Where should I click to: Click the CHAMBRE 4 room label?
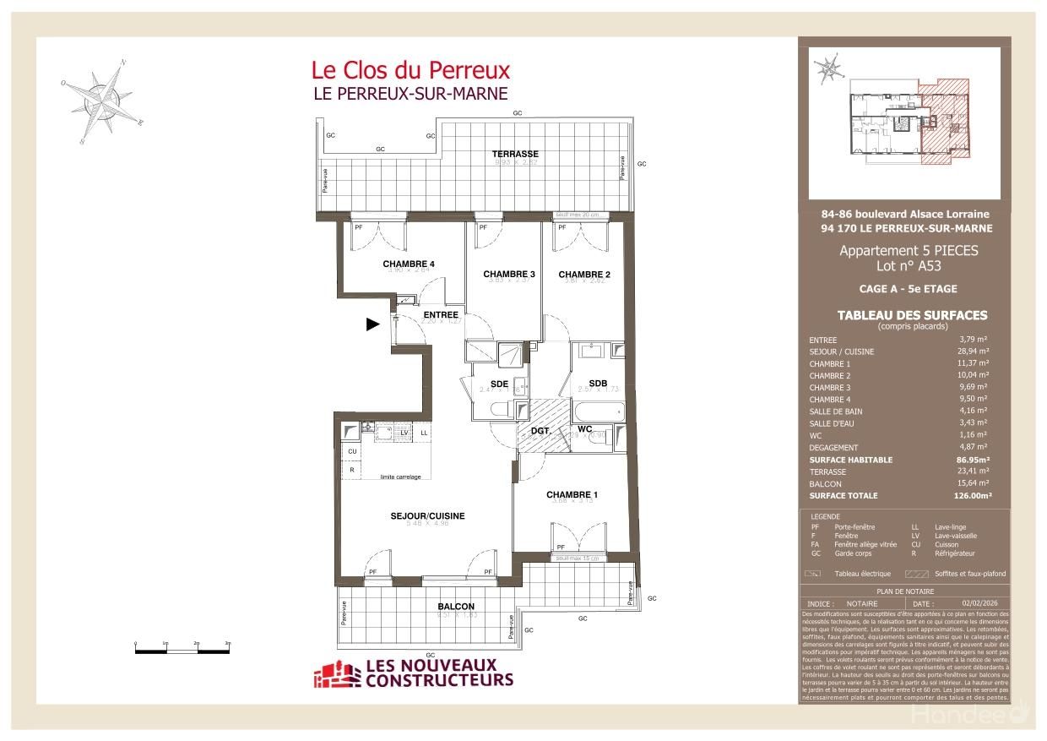(396, 264)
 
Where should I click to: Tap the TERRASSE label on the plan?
(516, 154)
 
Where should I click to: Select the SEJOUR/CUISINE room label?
(427, 515)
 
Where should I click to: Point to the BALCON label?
(456, 606)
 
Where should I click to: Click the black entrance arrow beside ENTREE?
(372, 323)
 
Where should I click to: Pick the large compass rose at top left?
(103, 100)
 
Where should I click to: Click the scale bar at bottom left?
(182, 649)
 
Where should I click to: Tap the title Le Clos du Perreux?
(410, 69)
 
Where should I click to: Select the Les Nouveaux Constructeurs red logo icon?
(337, 673)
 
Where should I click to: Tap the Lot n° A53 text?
(908, 266)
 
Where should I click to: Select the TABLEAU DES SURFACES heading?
(912, 315)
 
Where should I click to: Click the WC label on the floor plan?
(585, 428)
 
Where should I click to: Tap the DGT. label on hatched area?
(540, 431)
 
